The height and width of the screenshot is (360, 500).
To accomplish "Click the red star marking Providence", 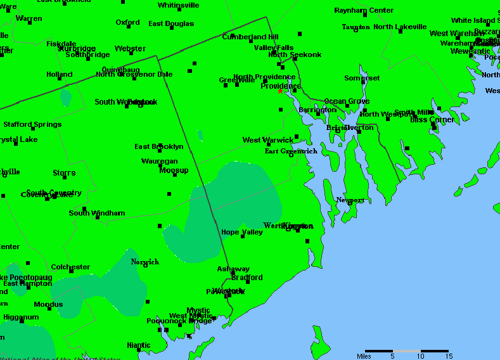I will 280,91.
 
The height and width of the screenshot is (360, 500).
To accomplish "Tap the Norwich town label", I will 144,262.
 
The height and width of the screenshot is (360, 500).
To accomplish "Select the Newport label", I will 350,200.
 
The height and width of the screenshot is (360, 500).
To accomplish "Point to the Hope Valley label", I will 242,232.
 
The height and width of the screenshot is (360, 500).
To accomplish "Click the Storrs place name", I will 64,172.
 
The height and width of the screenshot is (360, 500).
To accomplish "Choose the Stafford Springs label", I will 32,124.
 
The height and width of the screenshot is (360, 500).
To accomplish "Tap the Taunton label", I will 356,27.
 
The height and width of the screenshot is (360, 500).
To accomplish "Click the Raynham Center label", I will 364,11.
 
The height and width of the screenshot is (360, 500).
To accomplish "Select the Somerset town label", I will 362,78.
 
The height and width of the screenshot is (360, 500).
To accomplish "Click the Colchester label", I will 70,267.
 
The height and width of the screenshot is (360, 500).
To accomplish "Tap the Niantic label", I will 139,345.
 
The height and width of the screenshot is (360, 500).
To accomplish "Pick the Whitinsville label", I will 178,5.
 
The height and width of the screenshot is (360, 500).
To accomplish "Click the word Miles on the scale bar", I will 364,356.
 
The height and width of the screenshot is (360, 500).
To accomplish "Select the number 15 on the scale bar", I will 448,356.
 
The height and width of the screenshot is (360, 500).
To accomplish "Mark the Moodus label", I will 48,304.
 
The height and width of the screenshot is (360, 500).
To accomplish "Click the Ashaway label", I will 233,269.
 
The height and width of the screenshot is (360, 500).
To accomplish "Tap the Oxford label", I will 127,22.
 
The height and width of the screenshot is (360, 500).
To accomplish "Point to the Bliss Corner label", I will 432,119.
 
